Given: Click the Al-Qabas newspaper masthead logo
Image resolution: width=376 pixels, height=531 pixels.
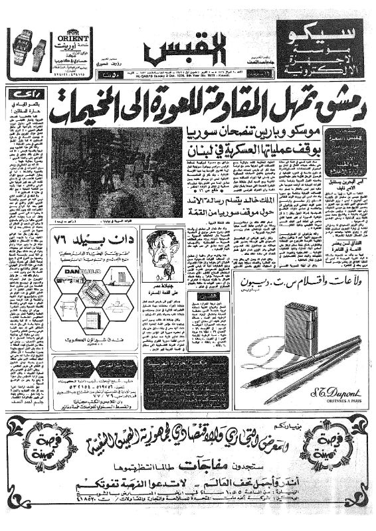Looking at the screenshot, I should (181, 48).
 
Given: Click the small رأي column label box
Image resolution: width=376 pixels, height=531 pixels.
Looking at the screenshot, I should (17, 96).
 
